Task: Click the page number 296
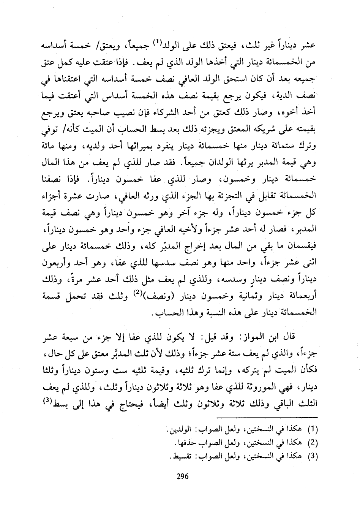coord(183,477)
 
